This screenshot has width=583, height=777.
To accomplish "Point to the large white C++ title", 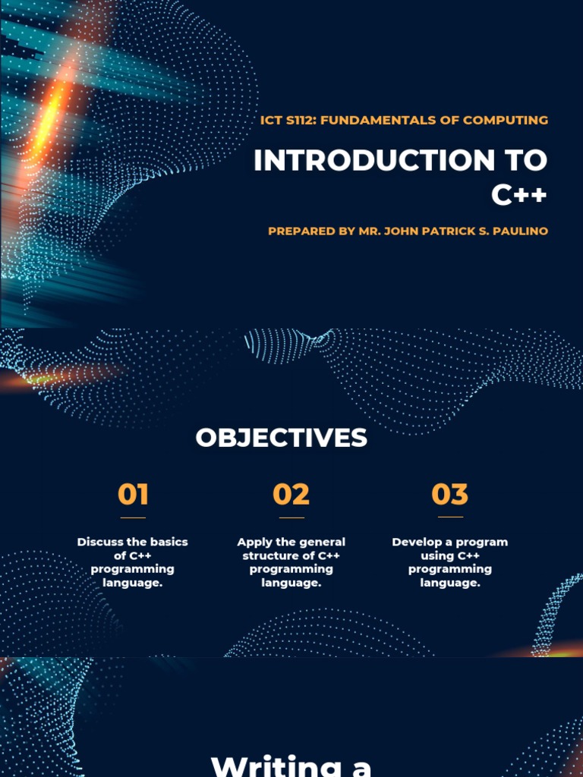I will pyautogui.click(x=518, y=196).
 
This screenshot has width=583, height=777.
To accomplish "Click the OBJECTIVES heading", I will pyautogui.click(x=281, y=438).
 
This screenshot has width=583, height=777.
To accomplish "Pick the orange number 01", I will pyautogui.click(x=133, y=495).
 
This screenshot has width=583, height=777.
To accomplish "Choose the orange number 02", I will pyautogui.click(x=291, y=495).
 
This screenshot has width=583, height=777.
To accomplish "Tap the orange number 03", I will pyautogui.click(x=450, y=495).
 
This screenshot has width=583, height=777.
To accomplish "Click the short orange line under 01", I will pyautogui.click(x=133, y=517).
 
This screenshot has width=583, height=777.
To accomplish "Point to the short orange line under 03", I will pyautogui.click(x=450, y=517).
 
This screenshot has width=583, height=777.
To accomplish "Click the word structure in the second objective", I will pyautogui.click(x=269, y=555).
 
